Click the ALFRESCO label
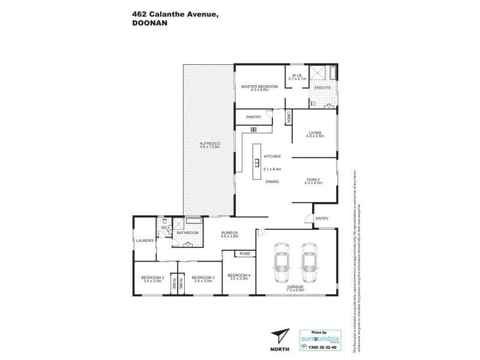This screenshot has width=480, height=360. click(211, 145)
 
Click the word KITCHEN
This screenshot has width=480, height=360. click(272, 157)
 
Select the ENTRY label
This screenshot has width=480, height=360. click(322, 218)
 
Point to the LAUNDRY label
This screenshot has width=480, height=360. click(146, 241)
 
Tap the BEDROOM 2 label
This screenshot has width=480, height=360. click(152, 278)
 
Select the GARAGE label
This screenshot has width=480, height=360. click(295, 287)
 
